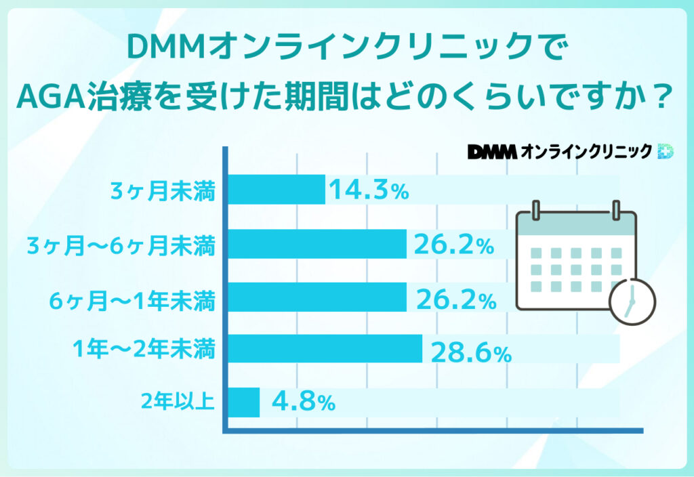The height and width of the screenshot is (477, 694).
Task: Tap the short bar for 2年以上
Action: (x=244, y=402)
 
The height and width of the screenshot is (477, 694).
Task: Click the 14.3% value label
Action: (x=369, y=191)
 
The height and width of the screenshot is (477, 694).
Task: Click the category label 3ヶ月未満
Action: (x=163, y=192)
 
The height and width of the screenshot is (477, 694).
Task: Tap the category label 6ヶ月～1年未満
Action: (x=133, y=298)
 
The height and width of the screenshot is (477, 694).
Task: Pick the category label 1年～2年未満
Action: (x=144, y=350)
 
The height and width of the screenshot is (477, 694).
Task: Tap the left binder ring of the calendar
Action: (x=536, y=210)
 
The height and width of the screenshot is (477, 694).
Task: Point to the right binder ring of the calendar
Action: (x=616, y=210)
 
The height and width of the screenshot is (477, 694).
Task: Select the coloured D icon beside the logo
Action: (x=666, y=151)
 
